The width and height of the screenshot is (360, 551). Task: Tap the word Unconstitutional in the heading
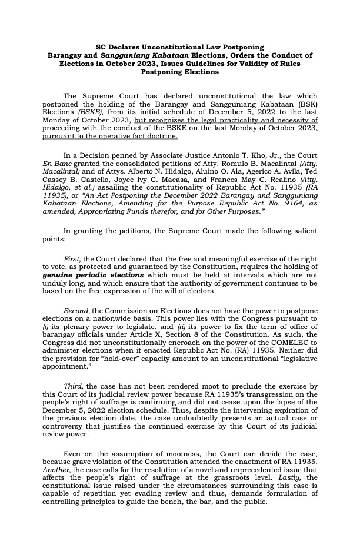[161, 46]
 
